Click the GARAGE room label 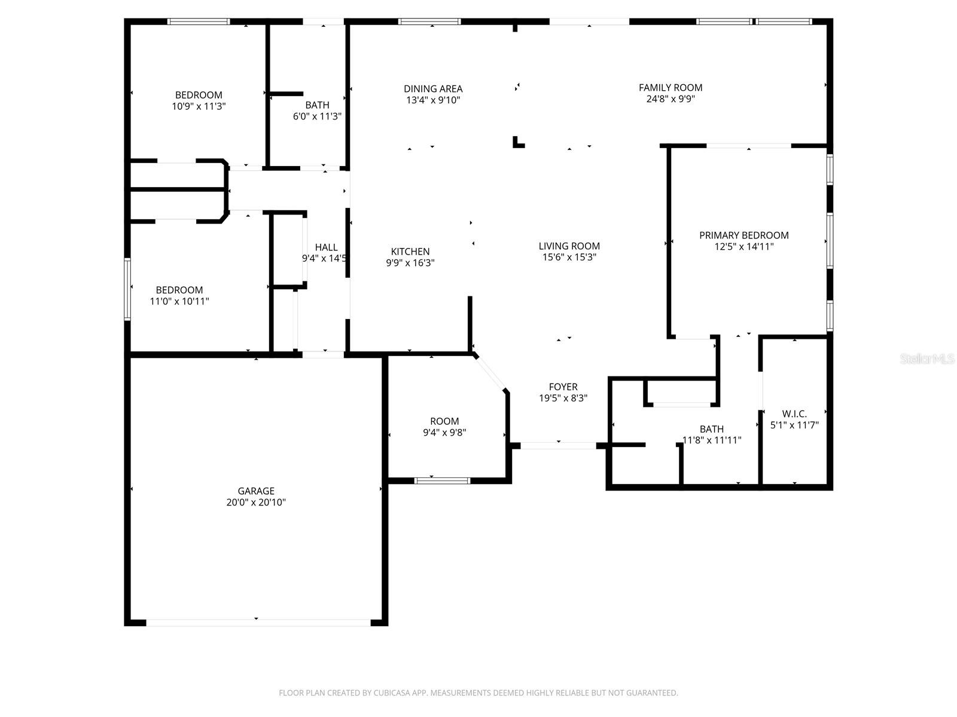(256, 491)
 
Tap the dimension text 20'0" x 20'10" (256, 502)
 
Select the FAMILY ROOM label (670, 88)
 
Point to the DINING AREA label (433, 89)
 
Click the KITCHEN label (410, 252)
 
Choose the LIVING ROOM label (569, 246)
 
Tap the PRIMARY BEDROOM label (743, 235)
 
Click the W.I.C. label (794, 414)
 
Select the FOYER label (563, 387)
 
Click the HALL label (326, 247)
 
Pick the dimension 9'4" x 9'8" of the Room (444, 433)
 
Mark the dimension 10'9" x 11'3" (199, 106)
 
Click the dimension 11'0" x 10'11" (179, 302)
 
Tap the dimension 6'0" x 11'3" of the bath (317, 117)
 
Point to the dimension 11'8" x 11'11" (712, 440)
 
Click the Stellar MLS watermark (927, 358)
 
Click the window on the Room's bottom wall (443, 480)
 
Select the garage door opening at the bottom (258, 623)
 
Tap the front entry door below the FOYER (558, 446)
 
